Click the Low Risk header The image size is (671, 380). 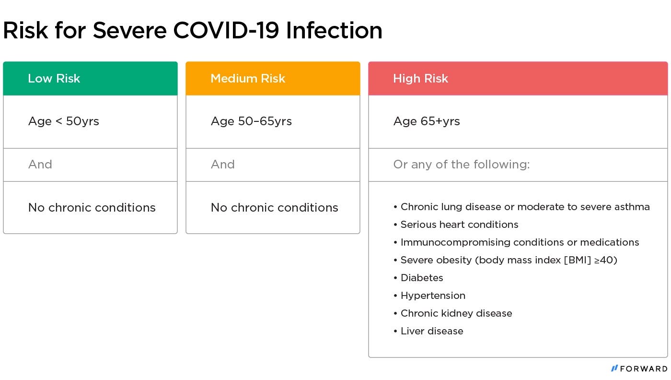(54, 78)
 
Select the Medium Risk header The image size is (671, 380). (248, 78)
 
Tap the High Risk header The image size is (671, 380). (421, 79)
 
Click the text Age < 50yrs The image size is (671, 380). (63, 121)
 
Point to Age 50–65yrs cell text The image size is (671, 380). (251, 121)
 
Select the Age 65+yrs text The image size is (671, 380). (427, 121)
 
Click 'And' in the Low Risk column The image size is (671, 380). (40, 165)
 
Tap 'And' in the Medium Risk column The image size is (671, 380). (222, 165)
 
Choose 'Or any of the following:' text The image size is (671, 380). (462, 165)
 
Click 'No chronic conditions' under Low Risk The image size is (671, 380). (92, 208)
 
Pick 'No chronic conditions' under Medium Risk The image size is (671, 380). (274, 208)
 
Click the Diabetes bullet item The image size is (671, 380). (418, 278)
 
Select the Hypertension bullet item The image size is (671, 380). (429, 296)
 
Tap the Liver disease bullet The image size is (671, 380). (428, 331)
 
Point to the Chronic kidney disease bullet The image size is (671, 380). (453, 313)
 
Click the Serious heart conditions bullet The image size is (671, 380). (456, 225)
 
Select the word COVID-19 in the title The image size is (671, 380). (226, 30)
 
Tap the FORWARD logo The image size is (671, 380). (639, 368)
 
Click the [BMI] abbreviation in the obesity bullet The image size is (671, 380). (578, 260)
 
